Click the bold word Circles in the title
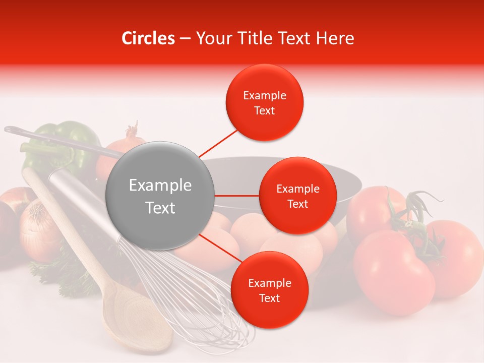[148, 38]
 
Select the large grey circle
[160, 196]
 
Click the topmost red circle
[265, 103]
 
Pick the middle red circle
[297, 196]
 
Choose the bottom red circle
[269, 290]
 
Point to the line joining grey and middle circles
[236, 196]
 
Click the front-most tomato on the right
[393, 272]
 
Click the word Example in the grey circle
[160, 186]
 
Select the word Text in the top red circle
[265, 111]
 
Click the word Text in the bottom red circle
[269, 298]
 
